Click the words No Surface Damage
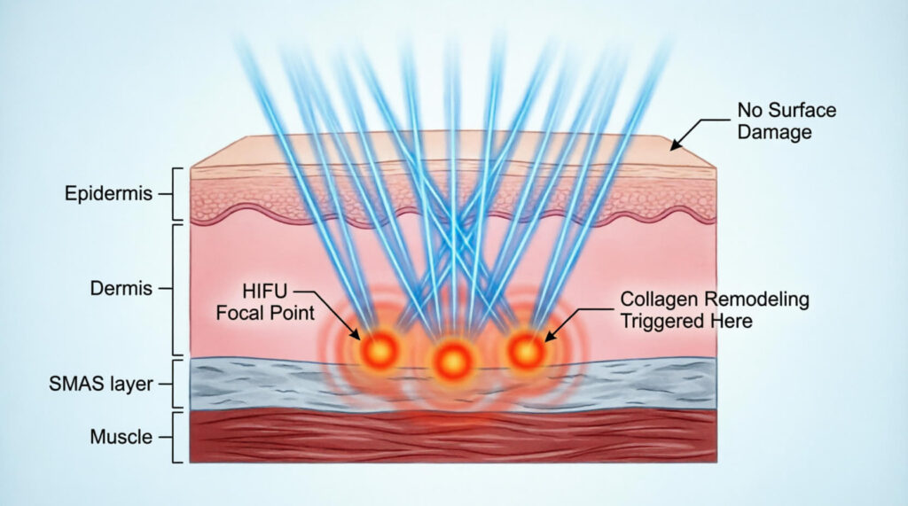point(787,121)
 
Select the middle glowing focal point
point(453,360)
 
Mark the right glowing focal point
point(526,351)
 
